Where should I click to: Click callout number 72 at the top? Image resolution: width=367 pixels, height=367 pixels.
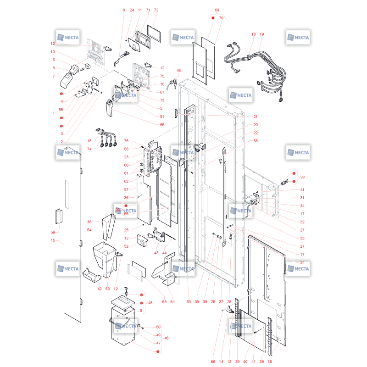(156, 10)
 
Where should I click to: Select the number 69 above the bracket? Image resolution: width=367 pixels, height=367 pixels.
(217, 10)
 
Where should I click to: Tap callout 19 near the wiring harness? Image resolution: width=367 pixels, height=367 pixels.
(261, 34)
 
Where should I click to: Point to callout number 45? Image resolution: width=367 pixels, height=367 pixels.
(178, 71)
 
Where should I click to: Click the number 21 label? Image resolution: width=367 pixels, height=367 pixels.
(256, 117)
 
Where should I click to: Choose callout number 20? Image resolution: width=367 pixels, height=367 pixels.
(256, 125)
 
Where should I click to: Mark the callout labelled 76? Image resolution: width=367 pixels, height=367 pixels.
(126, 141)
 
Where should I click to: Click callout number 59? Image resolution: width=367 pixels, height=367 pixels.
(53, 232)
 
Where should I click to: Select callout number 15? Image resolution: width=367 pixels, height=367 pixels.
(53, 240)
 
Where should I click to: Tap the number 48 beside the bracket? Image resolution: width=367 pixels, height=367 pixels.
(150, 303)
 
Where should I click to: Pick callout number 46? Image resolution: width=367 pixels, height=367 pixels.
(167, 338)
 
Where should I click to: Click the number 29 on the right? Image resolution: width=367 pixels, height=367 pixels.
(302, 177)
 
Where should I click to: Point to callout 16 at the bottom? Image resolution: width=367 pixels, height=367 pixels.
(270, 361)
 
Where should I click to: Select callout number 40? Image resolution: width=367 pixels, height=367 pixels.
(245, 361)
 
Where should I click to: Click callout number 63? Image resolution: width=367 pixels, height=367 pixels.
(189, 302)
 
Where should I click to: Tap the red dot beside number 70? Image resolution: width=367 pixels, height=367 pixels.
(213, 18)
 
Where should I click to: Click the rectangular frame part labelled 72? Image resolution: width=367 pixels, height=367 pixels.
(154, 33)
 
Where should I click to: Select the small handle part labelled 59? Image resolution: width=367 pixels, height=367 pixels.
(59, 216)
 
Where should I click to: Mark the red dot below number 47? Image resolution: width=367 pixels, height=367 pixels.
(158, 351)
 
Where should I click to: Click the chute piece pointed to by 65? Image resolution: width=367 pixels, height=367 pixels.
(109, 108)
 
